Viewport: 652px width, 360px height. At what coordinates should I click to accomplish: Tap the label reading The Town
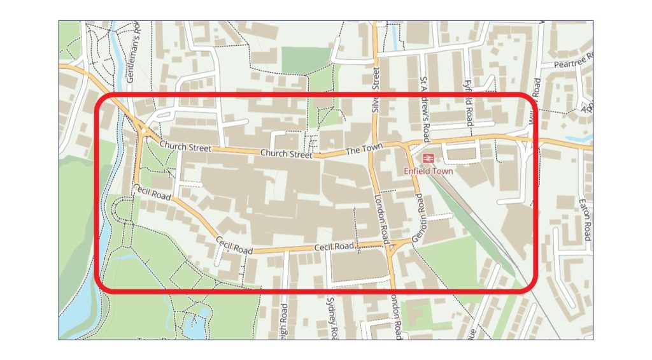pos(364,149)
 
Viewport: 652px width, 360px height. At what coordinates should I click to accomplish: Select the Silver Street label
pos(376,91)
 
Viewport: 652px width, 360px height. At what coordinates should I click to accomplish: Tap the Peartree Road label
pos(573,64)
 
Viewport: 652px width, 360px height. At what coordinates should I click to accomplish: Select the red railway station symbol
pos(428,157)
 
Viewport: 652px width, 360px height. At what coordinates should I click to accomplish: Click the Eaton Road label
pos(583,219)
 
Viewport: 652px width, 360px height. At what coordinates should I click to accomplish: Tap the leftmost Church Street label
pos(185,147)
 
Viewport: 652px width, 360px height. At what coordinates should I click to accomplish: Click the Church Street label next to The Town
pos(286,154)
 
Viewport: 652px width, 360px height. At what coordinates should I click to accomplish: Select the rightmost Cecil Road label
pos(334,247)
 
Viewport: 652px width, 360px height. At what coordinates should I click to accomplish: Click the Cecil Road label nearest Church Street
pos(152,192)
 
